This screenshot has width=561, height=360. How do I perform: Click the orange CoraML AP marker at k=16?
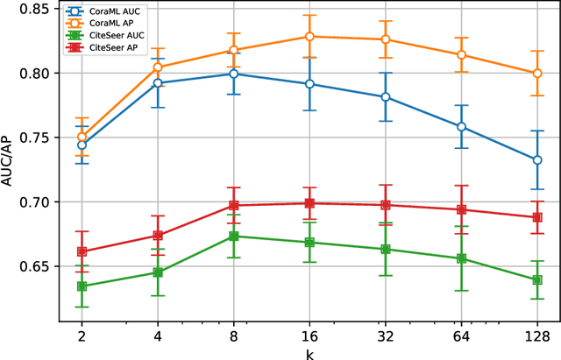(x=309, y=37)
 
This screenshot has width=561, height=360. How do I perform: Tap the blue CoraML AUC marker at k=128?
(x=537, y=160)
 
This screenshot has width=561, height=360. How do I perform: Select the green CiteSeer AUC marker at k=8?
(x=233, y=236)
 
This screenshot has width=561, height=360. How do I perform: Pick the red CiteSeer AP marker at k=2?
(x=82, y=251)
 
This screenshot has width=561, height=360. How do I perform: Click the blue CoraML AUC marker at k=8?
(x=233, y=74)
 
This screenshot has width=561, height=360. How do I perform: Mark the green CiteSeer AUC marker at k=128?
(x=537, y=280)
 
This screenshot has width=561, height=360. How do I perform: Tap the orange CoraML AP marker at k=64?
(x=461, y=55)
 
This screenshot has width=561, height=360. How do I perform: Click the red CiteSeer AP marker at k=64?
(x=461, y=210)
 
